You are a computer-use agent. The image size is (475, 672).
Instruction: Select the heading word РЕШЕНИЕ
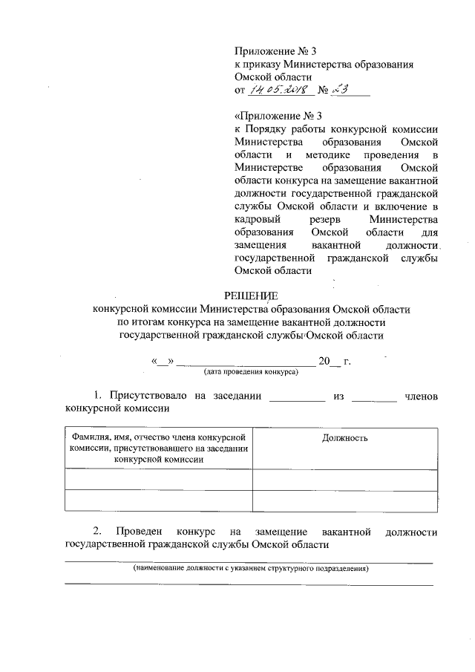pyautogui.click(x=251, y=295)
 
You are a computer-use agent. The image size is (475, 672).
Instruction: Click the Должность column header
pyautogui.click(x=344, y=438)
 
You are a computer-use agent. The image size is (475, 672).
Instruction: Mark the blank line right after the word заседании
pyautogui.click(x=297, y=398)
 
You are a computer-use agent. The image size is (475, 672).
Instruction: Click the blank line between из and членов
pyautogui.click(x=374, y=398)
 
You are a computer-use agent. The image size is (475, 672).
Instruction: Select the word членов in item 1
pyautogui.click(x=421, y=397)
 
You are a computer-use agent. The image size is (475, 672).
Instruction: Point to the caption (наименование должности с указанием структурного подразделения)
pyautogui.click(x=251, y=569)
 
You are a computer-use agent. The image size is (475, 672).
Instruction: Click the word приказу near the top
pyautogui.click(x=262, y=65)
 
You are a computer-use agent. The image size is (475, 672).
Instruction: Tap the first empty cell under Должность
pyautogui.click(x=344, y=479)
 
